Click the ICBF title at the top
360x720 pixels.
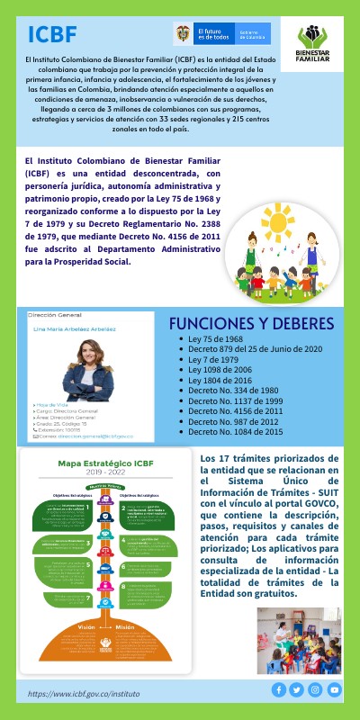52,35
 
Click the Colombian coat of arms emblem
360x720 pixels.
183,34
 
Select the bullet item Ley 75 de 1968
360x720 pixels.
215,339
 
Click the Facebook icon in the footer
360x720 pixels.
279,690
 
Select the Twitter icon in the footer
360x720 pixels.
297,690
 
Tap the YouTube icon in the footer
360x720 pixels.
335,690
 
